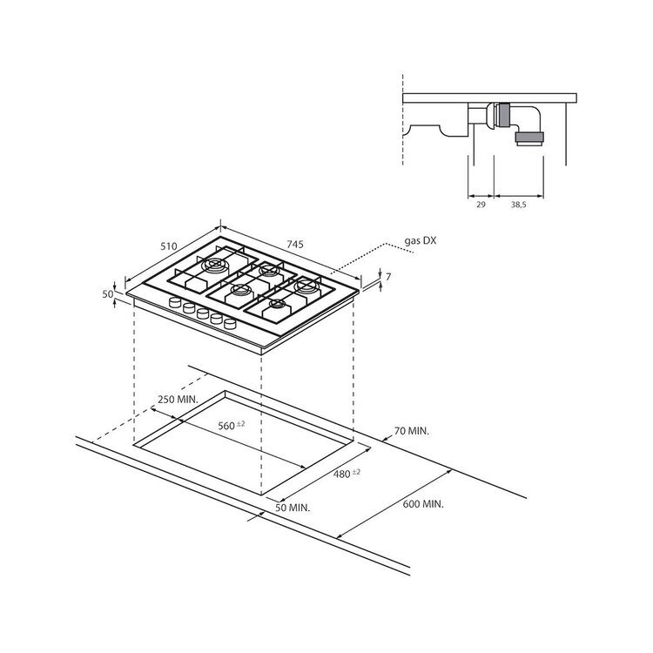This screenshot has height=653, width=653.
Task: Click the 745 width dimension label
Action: tap(295, 244)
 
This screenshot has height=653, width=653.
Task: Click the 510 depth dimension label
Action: tap(169, 246)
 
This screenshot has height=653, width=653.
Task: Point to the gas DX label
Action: tap(421, 240)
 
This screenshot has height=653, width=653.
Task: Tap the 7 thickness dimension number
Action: tap(388, 276)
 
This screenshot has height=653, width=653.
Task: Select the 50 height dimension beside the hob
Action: tap(108, 294)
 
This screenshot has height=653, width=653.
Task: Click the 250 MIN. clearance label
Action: tap(178, 399)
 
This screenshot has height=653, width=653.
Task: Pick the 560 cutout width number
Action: tap(226, 426)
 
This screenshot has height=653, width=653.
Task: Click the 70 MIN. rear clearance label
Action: tap(412, 431)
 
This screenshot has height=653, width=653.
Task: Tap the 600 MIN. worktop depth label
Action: tap(423, 504)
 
